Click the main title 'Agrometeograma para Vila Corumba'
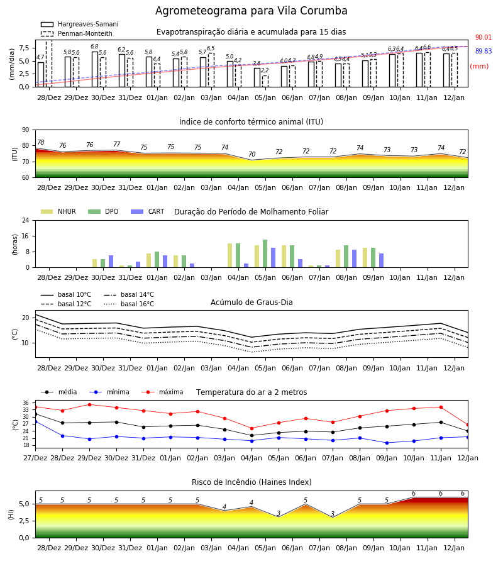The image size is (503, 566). [x=251, y=11]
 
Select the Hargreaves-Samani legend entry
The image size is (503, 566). [x=80, y=24]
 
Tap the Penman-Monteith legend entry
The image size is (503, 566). [x=77, y=33]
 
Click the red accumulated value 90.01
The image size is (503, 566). [x=484, y=37]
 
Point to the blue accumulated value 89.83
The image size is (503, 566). [x=484, y=52]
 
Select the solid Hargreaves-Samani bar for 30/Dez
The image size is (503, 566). [x=95, y=69]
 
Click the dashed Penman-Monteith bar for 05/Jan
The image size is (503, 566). [x=265, y=81]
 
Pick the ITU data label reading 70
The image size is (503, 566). [x=252, y=154]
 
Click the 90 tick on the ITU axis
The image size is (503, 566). [x=26, y=130]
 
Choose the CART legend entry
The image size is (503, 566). [x=148, y=211]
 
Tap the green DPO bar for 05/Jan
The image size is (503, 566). [x=265, y=253]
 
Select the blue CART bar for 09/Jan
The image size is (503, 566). [x=382, y=260]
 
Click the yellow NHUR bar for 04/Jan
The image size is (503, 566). [x=230, y=255]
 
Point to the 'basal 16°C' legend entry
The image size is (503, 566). [x=129, y=304]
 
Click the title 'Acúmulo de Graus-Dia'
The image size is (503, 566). [x=251, y=302]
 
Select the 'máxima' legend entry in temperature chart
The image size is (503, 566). [x=162, y=392]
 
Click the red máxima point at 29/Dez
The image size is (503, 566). [x=89, y=404]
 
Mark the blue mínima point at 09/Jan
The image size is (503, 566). [x=387, y=443]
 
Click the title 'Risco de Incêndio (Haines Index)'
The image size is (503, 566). [x=251, y=482]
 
